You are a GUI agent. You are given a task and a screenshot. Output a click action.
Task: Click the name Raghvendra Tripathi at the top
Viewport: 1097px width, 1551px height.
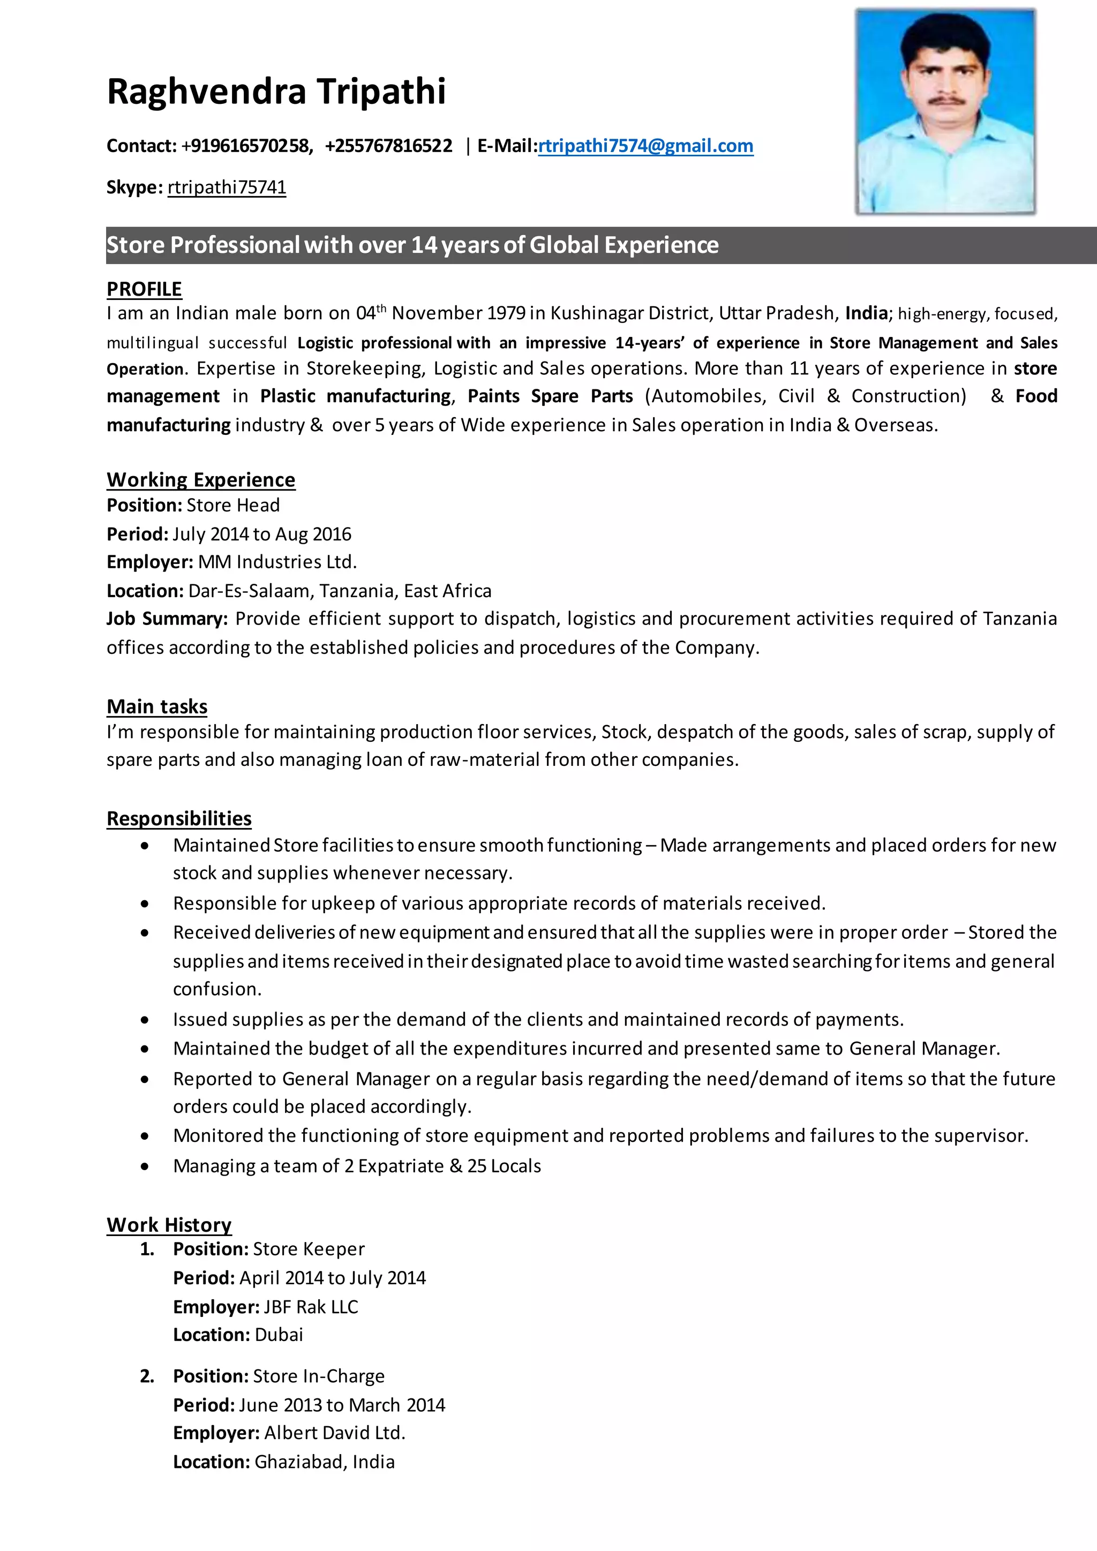pyautogui.click(x=276, y=91)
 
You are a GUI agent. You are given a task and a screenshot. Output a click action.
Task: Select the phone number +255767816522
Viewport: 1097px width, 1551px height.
pyautogui.click(x=388, y=146)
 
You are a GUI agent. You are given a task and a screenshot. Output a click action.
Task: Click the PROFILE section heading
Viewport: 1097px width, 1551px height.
pyautogui.click(x=144, y=289)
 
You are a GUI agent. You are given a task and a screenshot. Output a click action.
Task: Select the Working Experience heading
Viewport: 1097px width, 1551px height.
pyautogui.click(x=201, y=480)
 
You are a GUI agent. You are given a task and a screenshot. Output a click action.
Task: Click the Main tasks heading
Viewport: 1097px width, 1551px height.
pyautogui.click(x=157, y=706)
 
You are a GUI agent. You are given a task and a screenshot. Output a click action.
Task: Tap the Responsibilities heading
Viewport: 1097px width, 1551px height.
pyautogui.click(x=179, y=819)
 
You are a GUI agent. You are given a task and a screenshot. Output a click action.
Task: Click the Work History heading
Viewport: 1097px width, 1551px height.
pyautogui.click(x=169, y=1225)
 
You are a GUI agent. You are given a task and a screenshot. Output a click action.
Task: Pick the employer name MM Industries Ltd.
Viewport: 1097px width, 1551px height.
pyautogui.click(x=277, y=562)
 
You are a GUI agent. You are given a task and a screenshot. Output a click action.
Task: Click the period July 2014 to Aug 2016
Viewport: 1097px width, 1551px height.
pyautogui.click(x=262, y=534)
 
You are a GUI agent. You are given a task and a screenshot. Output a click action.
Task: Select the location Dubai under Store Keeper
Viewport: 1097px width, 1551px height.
pyautogui.click(x=279, y=1335)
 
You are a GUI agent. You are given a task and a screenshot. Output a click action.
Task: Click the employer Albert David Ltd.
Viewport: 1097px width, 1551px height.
pyautogui.click(x=334, y=1433)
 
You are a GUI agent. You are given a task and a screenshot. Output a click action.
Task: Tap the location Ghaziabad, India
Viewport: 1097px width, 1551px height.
pyautogui.click(x=324, y=1462)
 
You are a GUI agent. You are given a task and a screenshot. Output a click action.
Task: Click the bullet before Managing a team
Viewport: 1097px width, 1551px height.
pyautogui.click(x=145, y=1166)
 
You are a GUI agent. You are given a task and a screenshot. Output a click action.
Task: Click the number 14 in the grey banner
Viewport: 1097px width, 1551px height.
pyautogui.click(x=424, y=245)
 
